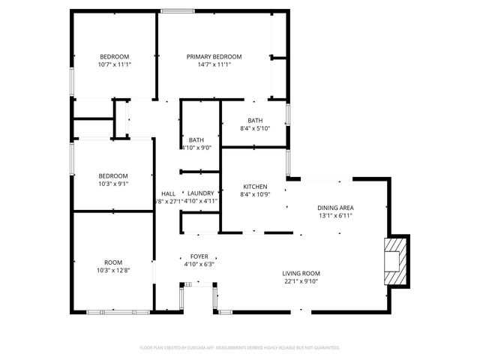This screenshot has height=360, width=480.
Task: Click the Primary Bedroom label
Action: pyautogui.click(x=214, y=57)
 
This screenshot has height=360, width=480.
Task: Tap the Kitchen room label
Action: pyautogui.click(x=255, y=187)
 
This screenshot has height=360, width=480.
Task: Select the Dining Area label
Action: pyautogui.click(x=335, y=208)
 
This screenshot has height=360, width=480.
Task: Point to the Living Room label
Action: pyautogui.click(x=301, y=273)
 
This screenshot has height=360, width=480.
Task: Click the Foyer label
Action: pyautogui.click(x=199, y=256)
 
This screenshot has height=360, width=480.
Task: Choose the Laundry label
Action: pyautogui.click(x=201, y=193)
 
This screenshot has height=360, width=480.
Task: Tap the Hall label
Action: pyautogui.click(x=168, y=193)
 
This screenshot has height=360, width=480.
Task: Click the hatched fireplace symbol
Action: pyautogui.click(x=394, y=261)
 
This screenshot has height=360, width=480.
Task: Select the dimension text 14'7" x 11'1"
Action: pyautogui.click(x=214, y=65)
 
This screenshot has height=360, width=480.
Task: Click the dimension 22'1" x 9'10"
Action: pyautogui.click(x=301, y=281)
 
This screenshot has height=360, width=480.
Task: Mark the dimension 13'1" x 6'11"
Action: pyautogui.click(x=335, y=216)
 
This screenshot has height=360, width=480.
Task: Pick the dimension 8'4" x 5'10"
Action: pyautogui.click(x=255, y=128)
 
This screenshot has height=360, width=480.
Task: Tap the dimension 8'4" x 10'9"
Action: pyautogui.click(x=255, y=195)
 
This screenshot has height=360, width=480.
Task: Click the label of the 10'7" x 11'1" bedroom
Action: pyautogui.click(x=115, y=57)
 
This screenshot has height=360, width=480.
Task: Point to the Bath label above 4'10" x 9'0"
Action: pyautogui.click(x=196, y=139)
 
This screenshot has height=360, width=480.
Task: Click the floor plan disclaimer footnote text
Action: pyautogui.click(x=240, y=348)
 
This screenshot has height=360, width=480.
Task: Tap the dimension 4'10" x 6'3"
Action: pyautogui.click(x=199, y=264)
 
